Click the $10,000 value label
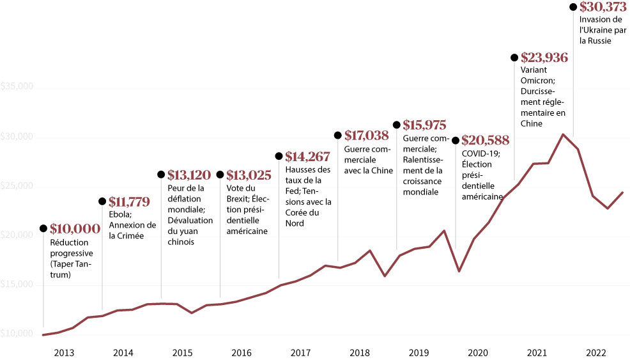[75, 229]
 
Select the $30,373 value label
[604, 7]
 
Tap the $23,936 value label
[544, 58]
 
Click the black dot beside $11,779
[102, 201]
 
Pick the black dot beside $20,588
[456, 141]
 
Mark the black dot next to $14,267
[279, 156]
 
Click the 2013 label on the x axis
[64, 352]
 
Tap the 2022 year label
[596, 352]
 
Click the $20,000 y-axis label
[17, 235]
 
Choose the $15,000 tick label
[17, 285]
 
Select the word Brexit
[239, 198]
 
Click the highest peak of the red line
[563, 134]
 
